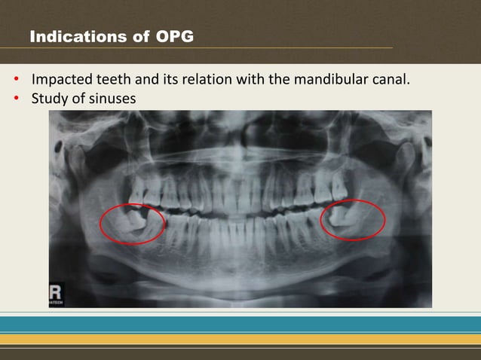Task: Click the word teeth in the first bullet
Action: (x=109, y=79)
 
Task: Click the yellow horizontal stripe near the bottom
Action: (x=240, y=339)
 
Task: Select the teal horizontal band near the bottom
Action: (x=240, y=325)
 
